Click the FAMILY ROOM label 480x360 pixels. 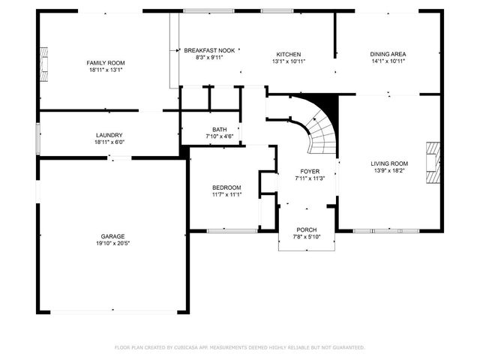click(105, 63)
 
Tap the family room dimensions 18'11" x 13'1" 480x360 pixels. click(105, 70)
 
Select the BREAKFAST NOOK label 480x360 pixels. click(209, 50)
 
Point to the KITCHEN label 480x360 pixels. click(289, 55)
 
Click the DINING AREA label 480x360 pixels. click(388, 55)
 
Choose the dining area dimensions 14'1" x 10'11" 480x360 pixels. click(388, 61)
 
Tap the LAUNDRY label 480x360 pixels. click(109, 135)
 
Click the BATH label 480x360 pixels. click(219, 129)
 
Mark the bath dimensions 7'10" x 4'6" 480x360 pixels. click(219, 136)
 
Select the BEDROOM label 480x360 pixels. click(226, 187)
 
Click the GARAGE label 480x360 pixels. click(113, 236)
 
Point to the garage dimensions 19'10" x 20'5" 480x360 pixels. click(113, 243)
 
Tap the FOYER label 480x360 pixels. click(310, 172)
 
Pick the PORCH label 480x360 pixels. click(306, 229)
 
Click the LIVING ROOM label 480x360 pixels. click(389, 163)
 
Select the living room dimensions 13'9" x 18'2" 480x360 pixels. click(389, 170)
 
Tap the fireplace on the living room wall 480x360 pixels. click(430, 162)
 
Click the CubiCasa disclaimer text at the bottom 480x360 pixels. click(240, 347)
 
